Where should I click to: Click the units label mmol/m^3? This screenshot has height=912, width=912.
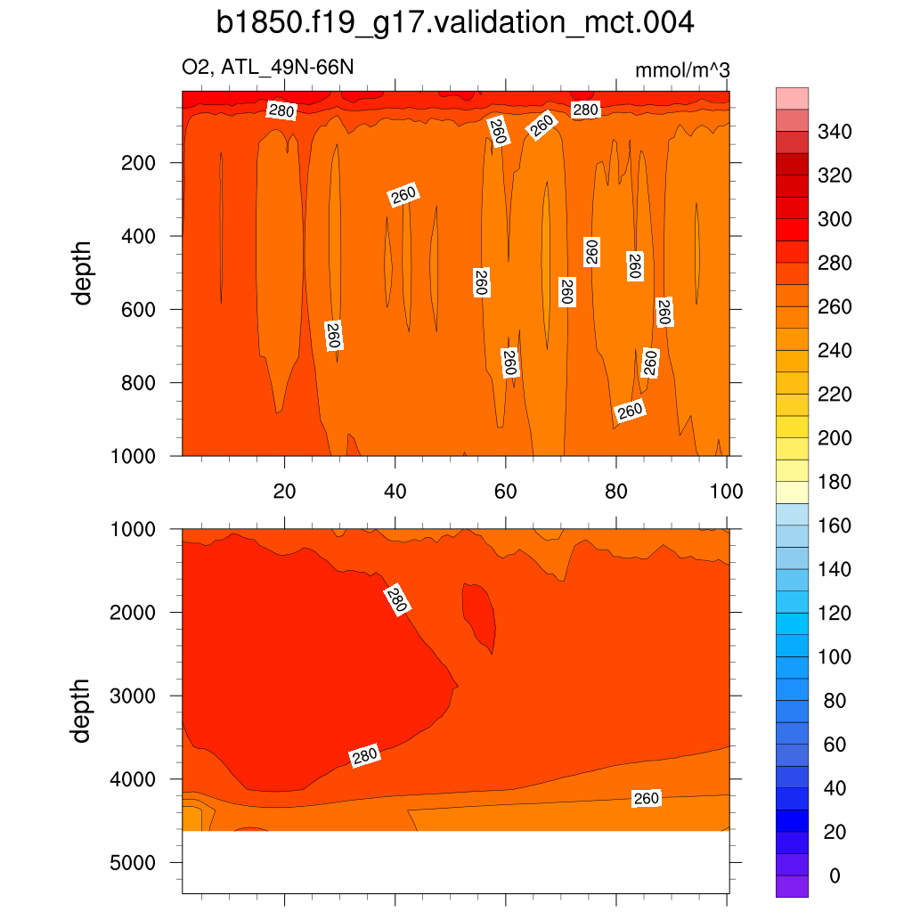[681, 69]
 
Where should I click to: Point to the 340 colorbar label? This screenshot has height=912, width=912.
[835, 133]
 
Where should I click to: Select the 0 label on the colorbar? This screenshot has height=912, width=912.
[835, 876]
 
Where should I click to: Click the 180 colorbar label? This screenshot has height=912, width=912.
[835, 483]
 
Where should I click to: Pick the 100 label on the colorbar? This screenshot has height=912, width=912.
[835, 657]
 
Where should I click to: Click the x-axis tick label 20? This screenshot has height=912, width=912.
[284, 491]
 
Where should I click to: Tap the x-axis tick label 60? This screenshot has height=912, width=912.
[506, 491]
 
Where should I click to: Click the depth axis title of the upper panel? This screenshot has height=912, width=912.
[84, 273]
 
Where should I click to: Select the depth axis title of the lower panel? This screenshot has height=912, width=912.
[84, 710]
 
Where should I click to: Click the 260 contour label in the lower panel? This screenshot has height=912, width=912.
[646, 799]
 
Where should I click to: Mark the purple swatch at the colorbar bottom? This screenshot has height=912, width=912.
[793, 886]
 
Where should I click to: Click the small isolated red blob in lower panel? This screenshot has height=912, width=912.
[478, 614]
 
